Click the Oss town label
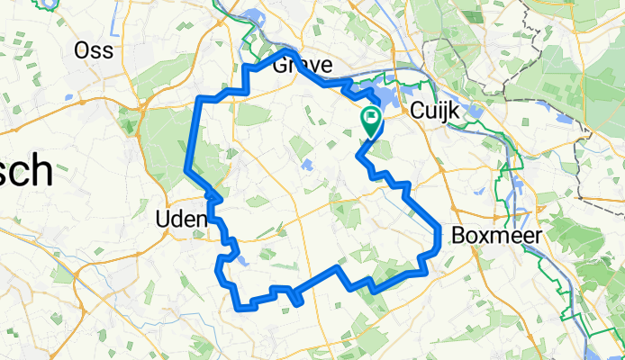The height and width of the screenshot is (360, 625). pos(94,49)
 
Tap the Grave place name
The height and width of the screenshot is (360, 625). pos(302,66)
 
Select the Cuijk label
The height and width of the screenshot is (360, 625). pos(435,111)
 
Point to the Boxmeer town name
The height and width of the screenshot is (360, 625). pos(493,236)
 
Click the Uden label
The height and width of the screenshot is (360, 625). pos(181,220)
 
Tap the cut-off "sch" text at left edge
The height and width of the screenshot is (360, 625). pos(25,172)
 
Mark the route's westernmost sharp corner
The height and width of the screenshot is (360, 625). pos(186,169)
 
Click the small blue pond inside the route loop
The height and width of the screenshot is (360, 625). pos(306,165)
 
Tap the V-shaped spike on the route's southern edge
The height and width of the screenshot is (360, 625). pos(297,304)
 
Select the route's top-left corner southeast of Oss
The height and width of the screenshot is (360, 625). pos(201,98)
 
